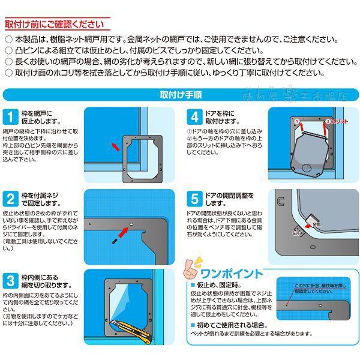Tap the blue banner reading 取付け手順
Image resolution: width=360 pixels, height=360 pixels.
click(x=180, y=94)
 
